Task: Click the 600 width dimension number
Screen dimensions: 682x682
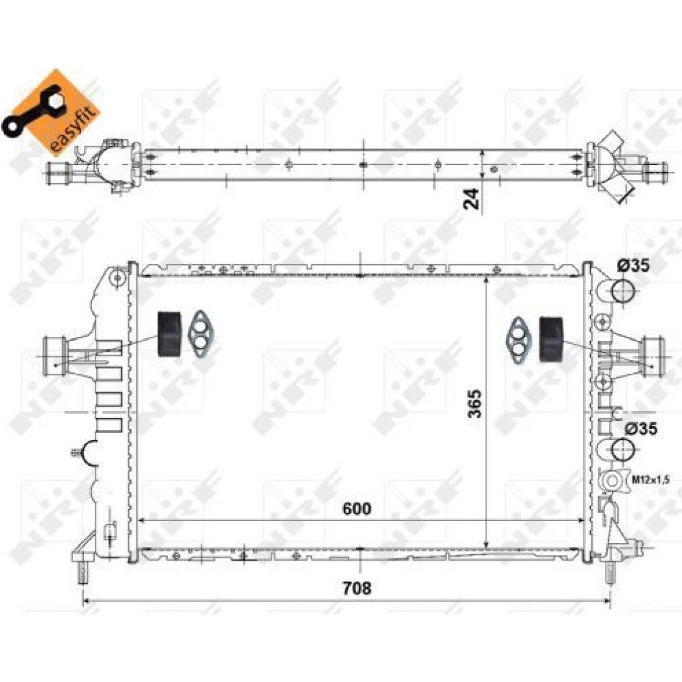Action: coord(357,509)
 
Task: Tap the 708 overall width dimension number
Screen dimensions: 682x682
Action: coord(357,589)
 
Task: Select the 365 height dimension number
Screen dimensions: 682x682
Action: coord(475,403)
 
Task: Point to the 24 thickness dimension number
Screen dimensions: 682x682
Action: coord(471,199)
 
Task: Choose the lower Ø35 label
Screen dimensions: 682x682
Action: coord(641,429)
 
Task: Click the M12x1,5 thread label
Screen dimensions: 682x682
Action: coord(651,480)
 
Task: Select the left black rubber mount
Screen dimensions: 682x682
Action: coord(169,334)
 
